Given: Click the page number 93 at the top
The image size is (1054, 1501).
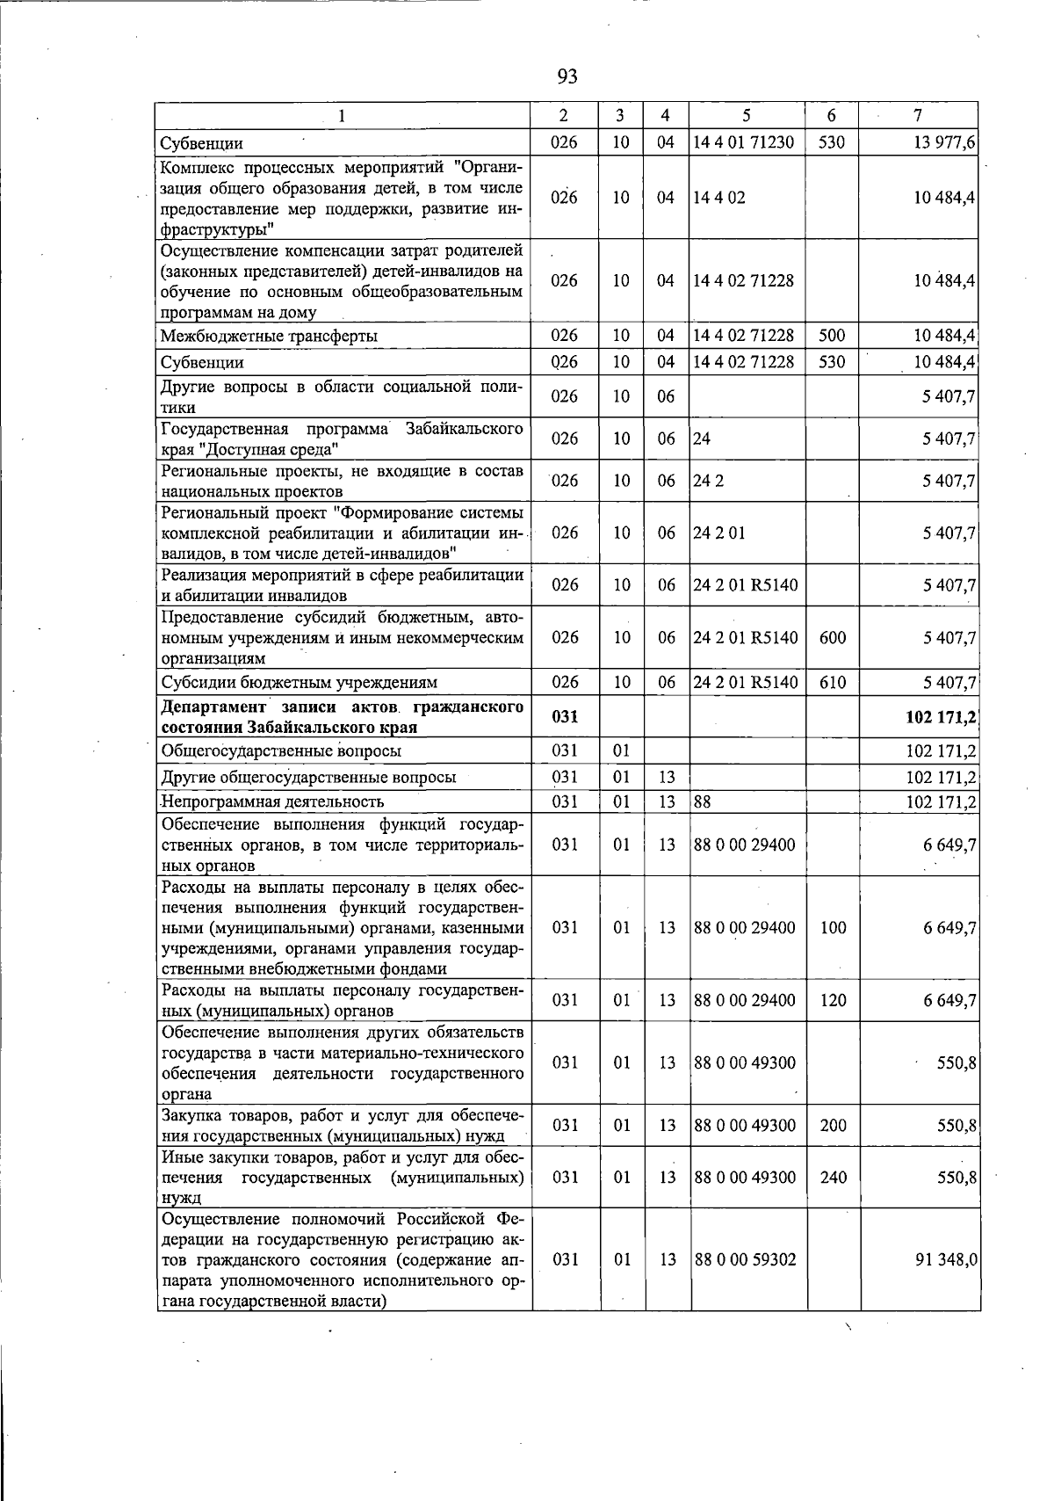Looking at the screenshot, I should tap(567, 77).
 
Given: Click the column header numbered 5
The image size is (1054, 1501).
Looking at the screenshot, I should tap(746, 115).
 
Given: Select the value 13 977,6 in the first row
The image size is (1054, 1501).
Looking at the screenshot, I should tap(945, 143).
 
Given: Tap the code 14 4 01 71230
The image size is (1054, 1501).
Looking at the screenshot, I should tap(743, 142).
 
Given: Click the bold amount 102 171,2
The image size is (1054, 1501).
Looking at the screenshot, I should tap(941, 718).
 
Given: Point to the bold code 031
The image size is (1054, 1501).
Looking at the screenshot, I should tap(564, 717).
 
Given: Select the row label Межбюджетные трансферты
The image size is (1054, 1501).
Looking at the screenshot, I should tap(270, 336).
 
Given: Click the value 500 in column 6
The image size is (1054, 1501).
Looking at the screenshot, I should tap(832, 335).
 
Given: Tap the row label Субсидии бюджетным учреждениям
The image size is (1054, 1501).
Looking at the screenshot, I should tap(300, 683).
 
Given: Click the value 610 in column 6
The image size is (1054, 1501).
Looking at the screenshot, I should tap(832, 683).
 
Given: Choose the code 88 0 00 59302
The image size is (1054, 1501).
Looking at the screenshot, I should tap(744, 1259).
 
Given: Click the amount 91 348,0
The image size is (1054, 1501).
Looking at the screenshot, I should tap(946, 1259).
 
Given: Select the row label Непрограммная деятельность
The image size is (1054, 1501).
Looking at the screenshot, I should tap(272, 801).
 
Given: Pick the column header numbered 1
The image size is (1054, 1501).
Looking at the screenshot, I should tap(343, 115).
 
